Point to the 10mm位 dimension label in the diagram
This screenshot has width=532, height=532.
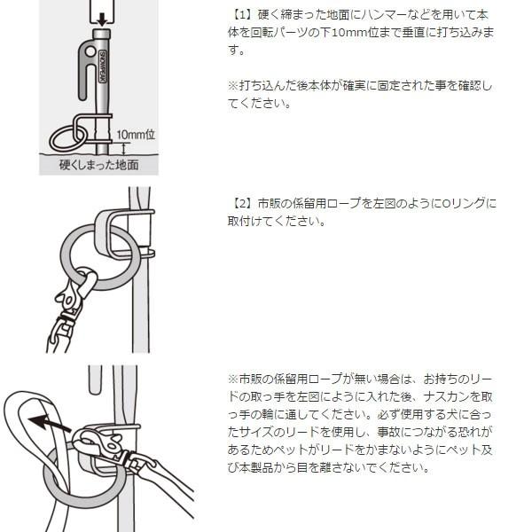(137, 134)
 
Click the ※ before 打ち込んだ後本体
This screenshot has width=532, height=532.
(231, 86)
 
